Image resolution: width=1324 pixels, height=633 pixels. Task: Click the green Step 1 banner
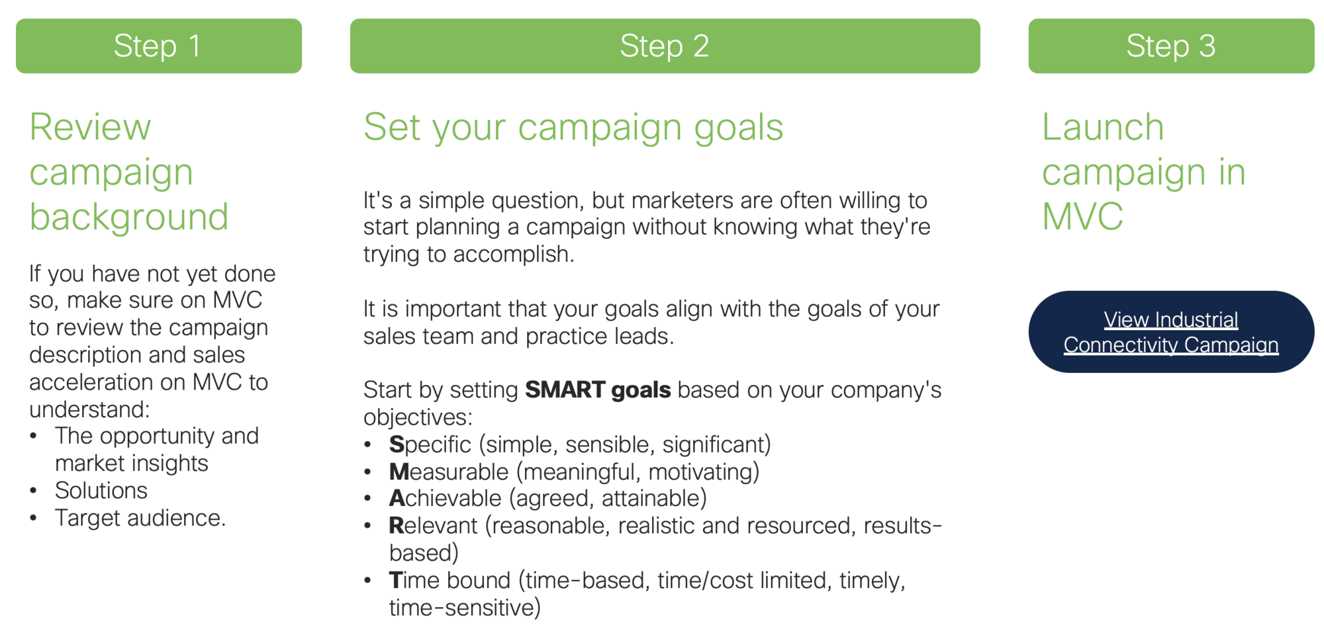(159, 46)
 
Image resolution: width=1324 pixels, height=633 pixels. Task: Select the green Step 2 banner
(665, 46)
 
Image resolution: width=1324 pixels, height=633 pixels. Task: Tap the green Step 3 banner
(1171, 46)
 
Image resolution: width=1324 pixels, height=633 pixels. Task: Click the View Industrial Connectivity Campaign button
(1171, 331)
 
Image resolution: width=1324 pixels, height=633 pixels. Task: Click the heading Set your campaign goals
(573, 128)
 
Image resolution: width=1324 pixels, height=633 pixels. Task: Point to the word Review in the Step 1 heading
(91, 127)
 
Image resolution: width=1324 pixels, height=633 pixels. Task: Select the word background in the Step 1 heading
(129, 217)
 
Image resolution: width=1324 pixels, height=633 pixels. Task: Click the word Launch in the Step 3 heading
(1103, 127)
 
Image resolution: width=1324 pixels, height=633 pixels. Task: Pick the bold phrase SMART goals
(598, 390)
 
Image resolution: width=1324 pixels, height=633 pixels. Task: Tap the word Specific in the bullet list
(430, 445)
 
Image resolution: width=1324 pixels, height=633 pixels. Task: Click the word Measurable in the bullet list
(449, 472)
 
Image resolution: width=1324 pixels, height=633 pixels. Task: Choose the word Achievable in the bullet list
(446, 498)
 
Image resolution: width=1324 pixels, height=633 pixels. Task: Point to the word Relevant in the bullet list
(433, 526)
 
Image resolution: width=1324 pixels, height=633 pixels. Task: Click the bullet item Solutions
(101, 491)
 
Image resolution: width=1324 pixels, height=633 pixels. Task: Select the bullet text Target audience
(140, 518)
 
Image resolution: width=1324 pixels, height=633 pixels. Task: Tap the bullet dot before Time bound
(367, 581)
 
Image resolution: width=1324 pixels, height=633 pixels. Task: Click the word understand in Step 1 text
(89, 409)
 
